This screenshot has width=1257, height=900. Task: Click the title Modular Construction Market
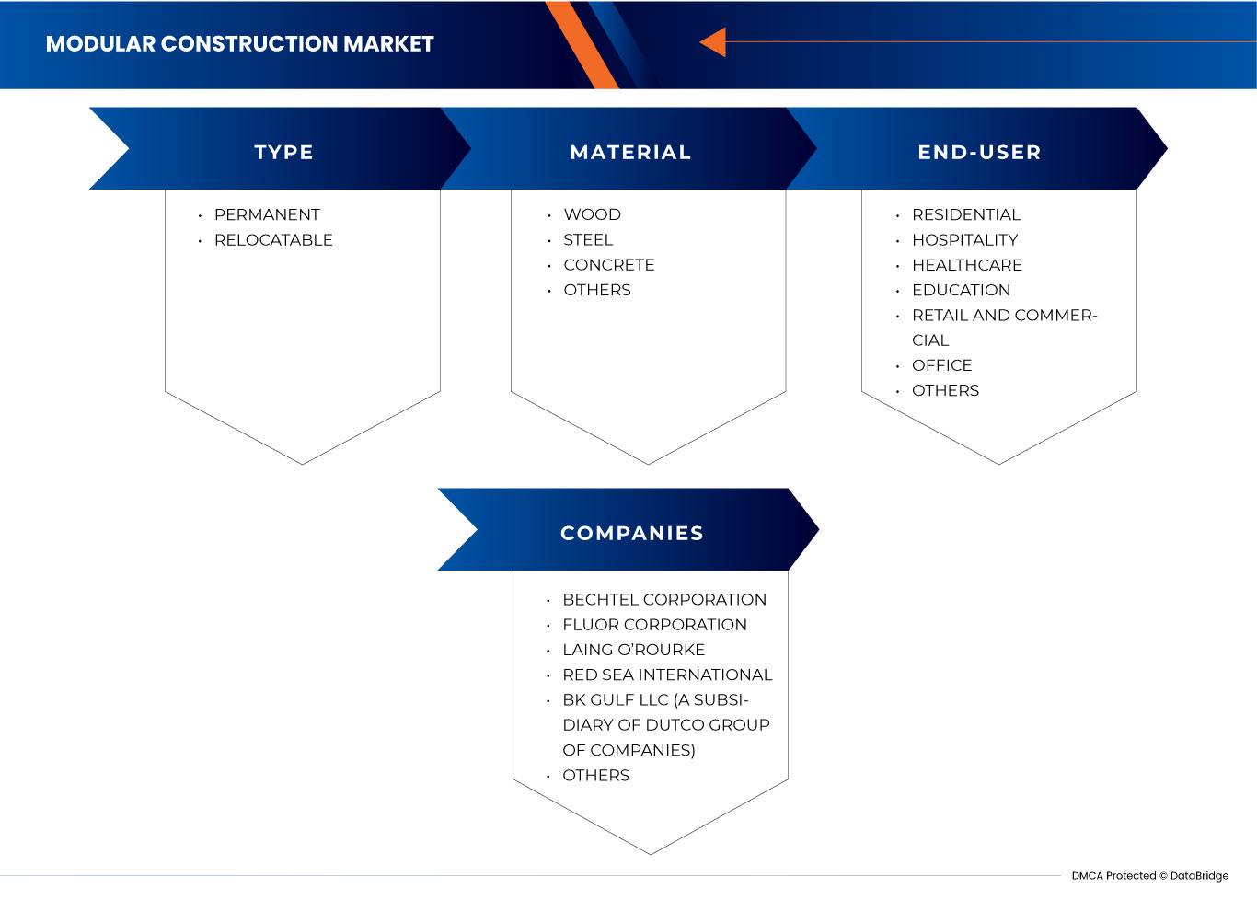(x=239, y=44)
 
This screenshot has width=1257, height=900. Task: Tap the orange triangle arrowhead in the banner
(x=714, y=42)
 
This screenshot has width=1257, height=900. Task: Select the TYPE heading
(x=283, y=153)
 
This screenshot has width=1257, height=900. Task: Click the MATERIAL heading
(x=630, y=153)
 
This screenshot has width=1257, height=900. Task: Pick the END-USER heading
(x=979, y=153)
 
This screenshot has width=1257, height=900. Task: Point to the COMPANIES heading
(x=631, y=534)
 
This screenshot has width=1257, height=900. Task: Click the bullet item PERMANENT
(x=267, y=214)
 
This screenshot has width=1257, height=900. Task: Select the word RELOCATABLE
(x=273, y=240)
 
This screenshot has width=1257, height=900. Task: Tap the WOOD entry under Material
(x=592, y=214)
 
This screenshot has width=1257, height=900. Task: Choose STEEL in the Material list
(x=588, y=240)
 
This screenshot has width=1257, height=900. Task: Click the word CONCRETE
(x=608, y=265)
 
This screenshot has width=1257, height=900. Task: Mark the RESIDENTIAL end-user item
(x=966, y=214)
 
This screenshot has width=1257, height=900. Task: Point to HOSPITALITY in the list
(x=964, y=240)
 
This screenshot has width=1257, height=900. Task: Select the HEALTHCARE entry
(x=966, y=265)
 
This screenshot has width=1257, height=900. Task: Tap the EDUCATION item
(x=961, y=290)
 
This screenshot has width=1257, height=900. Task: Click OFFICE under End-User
(x=941, y=365)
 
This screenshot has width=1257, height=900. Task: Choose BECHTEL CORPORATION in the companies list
(x=664, y=600)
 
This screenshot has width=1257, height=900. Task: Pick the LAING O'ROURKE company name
(x=633, y=650)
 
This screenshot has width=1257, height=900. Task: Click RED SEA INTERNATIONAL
(x=667, y=675)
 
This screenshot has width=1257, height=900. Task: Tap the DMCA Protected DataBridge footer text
(x=1149, y=876)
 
